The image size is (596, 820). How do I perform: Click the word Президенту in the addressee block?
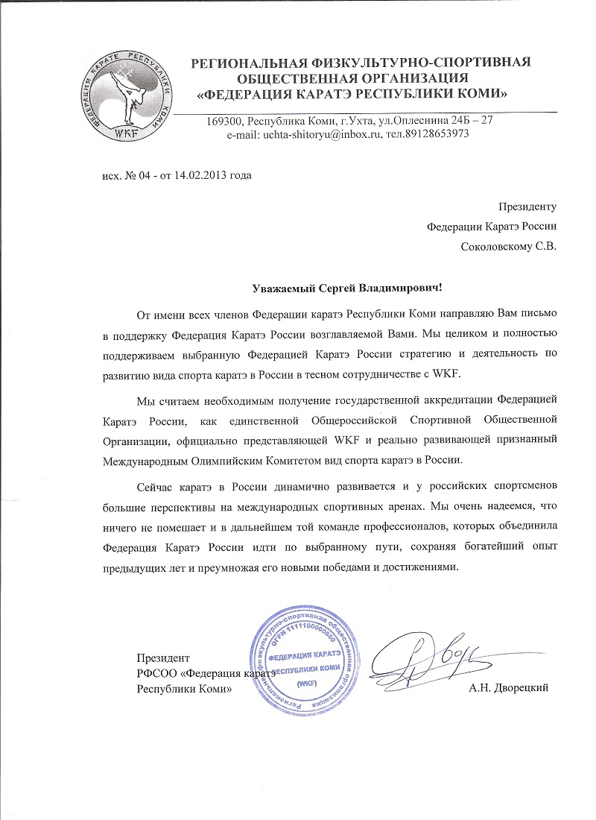click(x=527, y=206)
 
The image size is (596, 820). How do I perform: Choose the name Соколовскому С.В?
click(x=509, y=245)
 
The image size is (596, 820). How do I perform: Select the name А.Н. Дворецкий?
click(x=509, y=687)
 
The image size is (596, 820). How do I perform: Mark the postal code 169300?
click(x=222, y=120)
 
